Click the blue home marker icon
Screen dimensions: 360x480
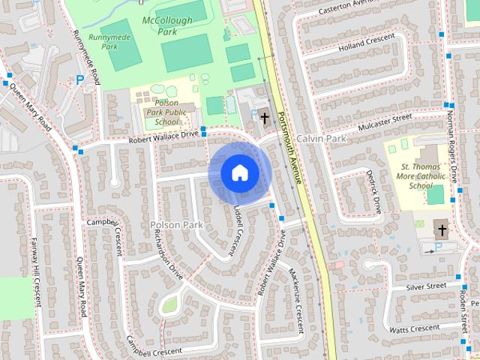(239, 173)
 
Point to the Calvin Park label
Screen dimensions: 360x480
(320, 139)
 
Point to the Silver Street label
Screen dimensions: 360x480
(426, 286)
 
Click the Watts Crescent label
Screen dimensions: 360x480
(414, 328)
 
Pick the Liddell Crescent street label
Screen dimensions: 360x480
(239, 221)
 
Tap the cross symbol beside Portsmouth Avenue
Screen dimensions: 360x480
(264, 117)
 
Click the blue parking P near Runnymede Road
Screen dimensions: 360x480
(79, 79)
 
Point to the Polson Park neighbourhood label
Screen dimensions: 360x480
(177, 224)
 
